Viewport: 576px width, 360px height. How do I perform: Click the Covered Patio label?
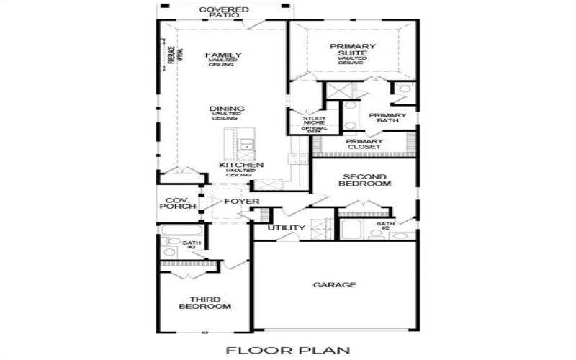223,12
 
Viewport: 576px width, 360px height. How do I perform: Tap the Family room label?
223,55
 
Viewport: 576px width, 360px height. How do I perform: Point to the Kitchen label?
236,165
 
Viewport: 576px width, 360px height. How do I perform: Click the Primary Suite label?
354,50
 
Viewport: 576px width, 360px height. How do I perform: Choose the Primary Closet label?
364,144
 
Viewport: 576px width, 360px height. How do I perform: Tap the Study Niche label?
314,121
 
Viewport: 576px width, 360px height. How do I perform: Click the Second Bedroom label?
364,180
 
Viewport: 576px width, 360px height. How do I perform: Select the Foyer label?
241,201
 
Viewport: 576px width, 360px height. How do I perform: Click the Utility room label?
287,228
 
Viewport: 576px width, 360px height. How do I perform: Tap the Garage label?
334,285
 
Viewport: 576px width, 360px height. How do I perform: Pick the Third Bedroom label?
204,303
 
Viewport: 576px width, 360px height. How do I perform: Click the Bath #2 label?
386,226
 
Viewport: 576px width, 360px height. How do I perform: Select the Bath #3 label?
190,246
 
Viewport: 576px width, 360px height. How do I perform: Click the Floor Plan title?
288,351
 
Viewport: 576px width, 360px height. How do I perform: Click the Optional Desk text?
314,130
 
